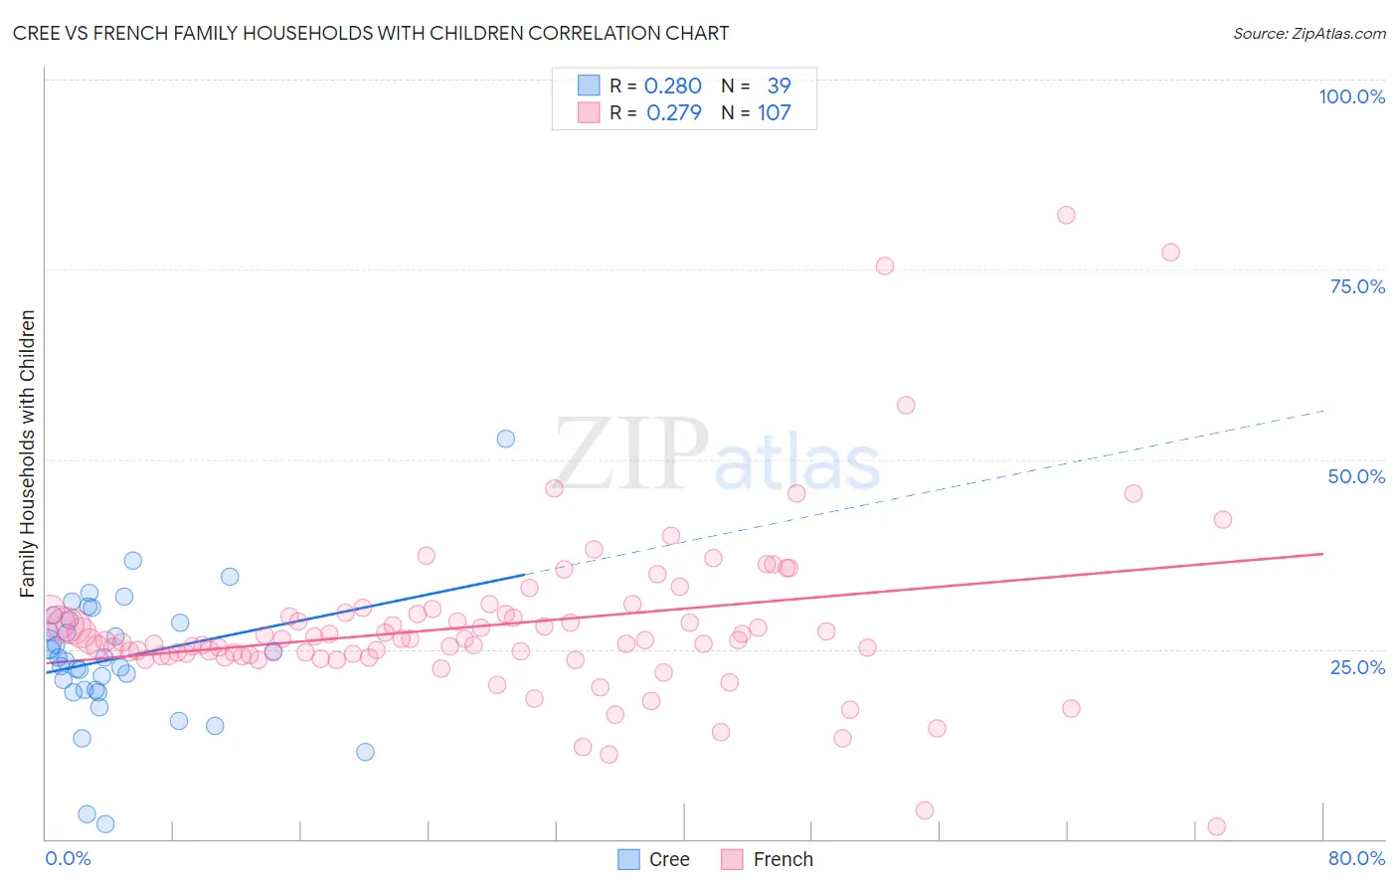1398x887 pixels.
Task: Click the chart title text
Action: [371, 33]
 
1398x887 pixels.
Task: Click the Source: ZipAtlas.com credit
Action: [1309, 33]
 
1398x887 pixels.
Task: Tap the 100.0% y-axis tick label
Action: [1351, 96]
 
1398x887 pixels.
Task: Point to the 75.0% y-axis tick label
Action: [1357, 286]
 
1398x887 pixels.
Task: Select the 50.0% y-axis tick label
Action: [1356, 476]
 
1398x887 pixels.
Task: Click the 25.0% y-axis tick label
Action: [1357, 666]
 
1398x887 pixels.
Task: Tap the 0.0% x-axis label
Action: [68, 858]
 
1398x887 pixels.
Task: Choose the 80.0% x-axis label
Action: [1356, 858]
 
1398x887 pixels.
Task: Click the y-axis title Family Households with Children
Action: [28, 453]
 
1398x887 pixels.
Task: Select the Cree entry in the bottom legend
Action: [653, 859]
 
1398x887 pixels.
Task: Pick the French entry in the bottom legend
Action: [767, 859]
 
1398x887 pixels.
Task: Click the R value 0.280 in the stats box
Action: [672, 87]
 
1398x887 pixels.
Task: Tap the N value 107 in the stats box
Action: [774, 113]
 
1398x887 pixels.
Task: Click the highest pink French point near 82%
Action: [1066, 215]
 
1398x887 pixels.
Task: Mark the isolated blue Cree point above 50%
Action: [506, 439]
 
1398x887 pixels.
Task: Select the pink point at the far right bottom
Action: [1216, 826]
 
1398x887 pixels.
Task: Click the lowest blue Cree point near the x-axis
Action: [105, 823]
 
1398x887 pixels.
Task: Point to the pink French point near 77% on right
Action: [1170, 253]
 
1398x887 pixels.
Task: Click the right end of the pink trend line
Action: [1322, 553]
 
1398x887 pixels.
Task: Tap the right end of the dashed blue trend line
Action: [1324, 410]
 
